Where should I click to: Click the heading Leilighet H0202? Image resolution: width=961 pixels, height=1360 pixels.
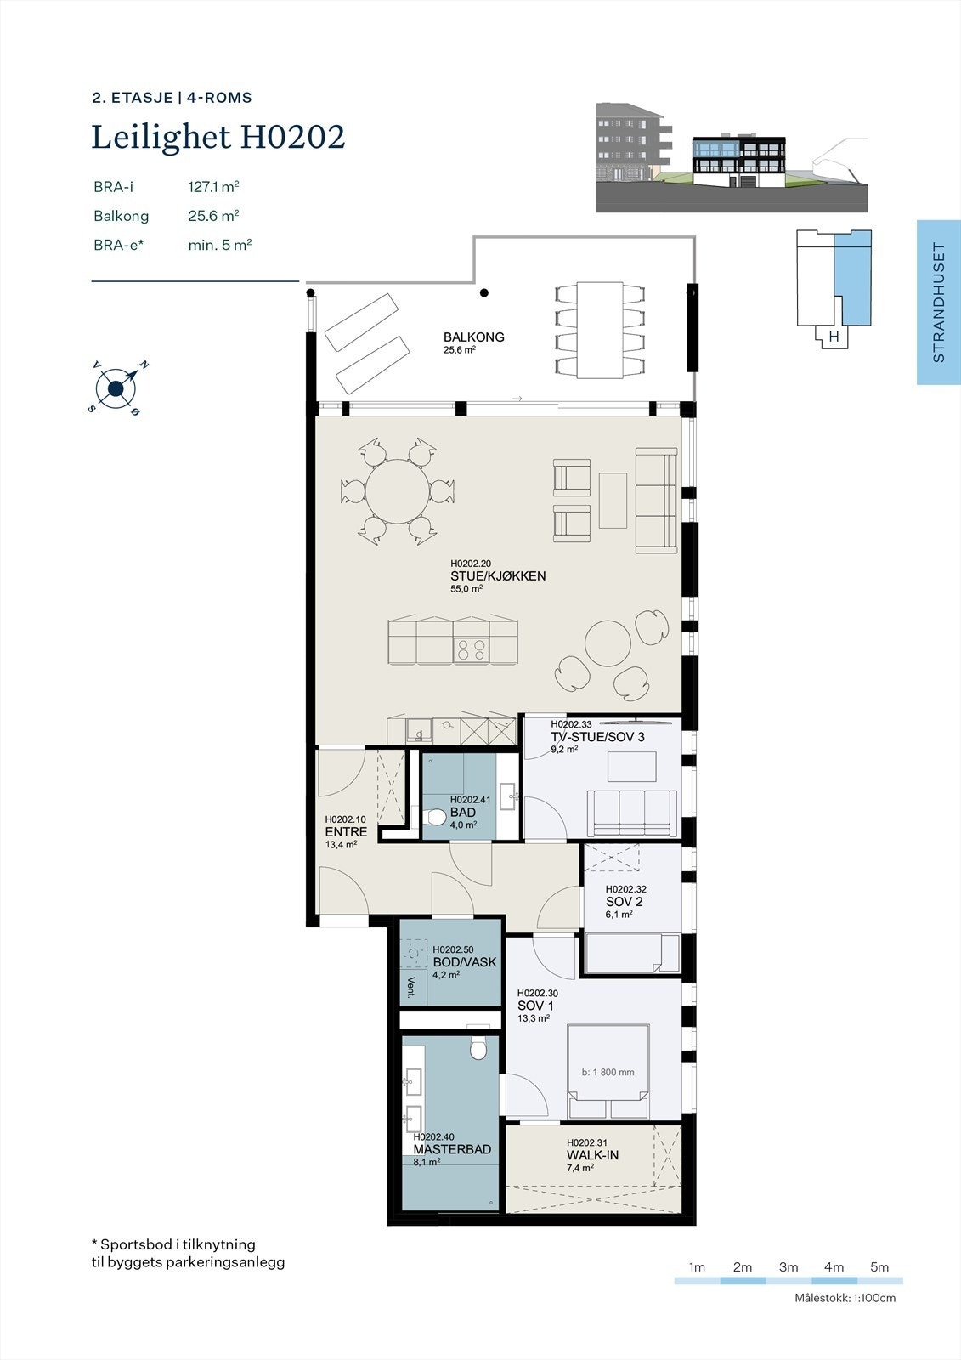click(218, 137)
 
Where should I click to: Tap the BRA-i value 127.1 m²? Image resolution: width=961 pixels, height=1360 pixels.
click(213, 187)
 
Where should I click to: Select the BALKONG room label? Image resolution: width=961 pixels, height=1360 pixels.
click(473, 337)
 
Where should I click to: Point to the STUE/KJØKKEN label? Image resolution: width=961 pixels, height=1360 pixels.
click(498, 576)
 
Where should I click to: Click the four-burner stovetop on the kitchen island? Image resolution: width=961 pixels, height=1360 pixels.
click(472, 649)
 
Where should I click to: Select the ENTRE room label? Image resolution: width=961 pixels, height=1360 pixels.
click(346, 832)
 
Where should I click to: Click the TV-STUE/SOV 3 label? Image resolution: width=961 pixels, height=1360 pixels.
click(597, 737)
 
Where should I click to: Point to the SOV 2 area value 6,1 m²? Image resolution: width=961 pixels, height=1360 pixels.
click(619, 915)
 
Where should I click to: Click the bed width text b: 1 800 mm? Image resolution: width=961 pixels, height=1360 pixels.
click(608, 1073)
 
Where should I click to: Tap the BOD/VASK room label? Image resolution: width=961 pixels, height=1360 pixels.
click(464, 962)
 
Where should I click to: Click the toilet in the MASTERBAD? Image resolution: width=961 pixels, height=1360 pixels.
click(478, 1051)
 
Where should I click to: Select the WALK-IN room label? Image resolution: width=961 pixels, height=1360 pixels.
click(592, 1156)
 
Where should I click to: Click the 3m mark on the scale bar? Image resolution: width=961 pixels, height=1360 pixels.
click(788, 1267)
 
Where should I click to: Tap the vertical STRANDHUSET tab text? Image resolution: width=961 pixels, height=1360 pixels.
click(939, 303)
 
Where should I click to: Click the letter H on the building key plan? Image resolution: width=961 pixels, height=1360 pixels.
click(834, 337)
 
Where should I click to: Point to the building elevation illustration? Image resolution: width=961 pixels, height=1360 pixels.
click(732, 157)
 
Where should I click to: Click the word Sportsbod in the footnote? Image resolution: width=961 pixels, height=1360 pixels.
click(133, 1244)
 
